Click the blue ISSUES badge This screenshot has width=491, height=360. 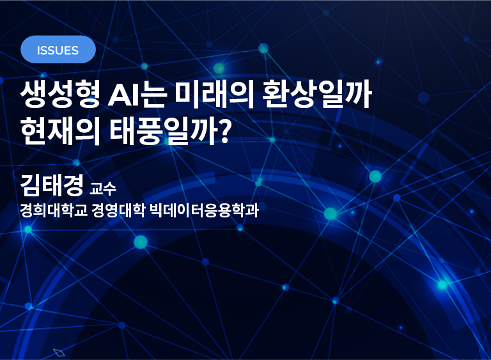coord(58,49)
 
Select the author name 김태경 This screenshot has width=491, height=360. coord(52,185)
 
